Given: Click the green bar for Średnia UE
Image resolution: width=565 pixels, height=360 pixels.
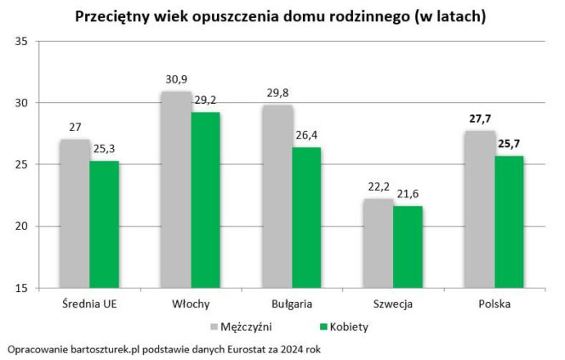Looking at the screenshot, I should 104,224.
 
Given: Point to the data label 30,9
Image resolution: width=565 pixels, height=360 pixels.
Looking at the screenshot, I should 176,79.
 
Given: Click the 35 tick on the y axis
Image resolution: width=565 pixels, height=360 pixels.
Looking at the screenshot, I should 23,42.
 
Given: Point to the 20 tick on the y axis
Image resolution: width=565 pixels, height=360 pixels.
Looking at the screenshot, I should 23,226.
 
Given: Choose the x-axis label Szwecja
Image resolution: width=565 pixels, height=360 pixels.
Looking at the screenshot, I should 393,304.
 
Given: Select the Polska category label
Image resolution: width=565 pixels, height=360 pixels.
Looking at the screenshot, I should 494,304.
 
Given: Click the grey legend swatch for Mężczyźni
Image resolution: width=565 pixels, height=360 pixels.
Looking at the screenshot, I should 214,326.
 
